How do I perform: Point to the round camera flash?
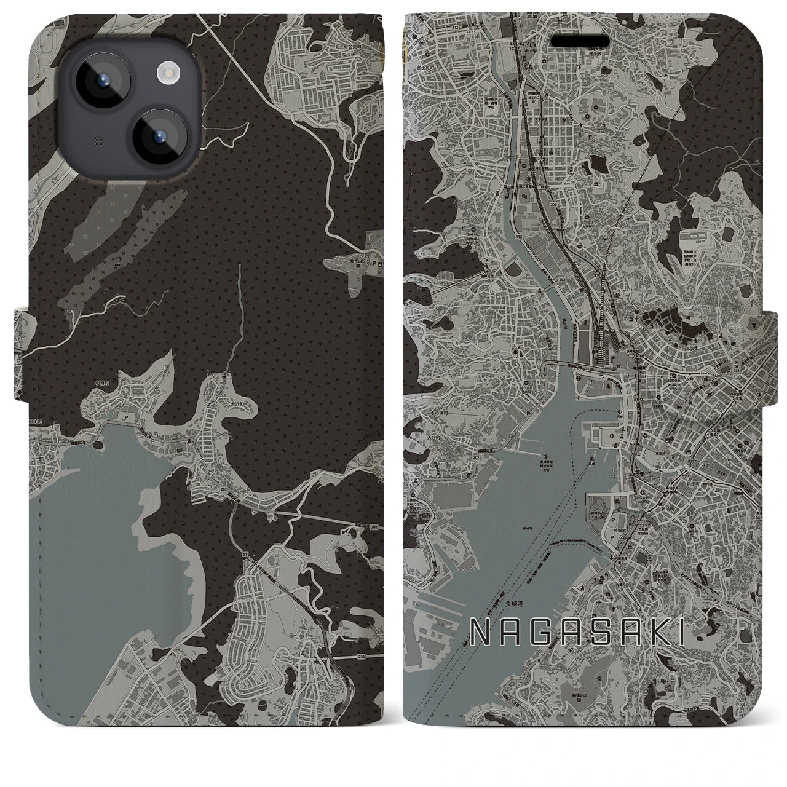point(167,74)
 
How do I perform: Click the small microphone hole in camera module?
point(96,141)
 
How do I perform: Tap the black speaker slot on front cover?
point(580,41)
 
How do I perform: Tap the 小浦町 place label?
point(101,382)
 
